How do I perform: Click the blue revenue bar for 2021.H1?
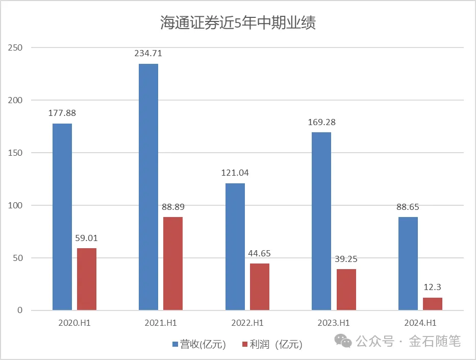point(148,187)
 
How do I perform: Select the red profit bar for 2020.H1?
point(87,279)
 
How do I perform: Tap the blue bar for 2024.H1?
point(408,263)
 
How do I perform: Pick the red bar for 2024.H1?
point(433,304)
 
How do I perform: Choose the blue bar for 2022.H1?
point(235,247)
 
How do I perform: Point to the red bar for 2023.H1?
point(346,290)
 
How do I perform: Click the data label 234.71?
point(148,53)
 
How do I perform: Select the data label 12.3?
point(433,287)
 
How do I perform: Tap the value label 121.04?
point(235,173)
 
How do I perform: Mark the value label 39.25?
point(346,259)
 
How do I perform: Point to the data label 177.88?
point(62,113)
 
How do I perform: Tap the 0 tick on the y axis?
point(20,310)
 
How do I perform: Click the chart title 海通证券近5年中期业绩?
point(238,23)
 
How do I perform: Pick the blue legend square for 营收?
point(176,344)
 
